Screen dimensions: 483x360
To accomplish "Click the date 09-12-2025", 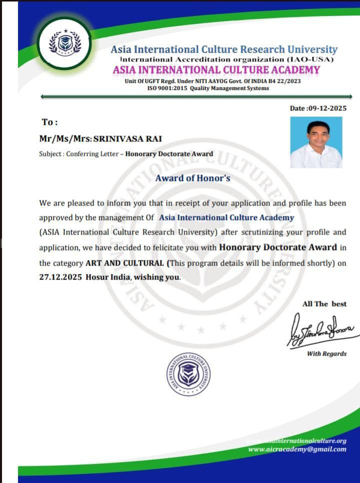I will point(327,108).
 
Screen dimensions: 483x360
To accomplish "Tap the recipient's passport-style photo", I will point(316,142).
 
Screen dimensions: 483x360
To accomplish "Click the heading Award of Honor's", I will point(192,177).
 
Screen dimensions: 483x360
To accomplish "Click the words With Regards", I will point(326,353).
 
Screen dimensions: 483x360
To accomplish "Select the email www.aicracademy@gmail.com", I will point(297,449).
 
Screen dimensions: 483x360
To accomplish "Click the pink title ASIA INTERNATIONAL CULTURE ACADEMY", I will point(216,70).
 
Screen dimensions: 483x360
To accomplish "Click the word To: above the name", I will point(50,122).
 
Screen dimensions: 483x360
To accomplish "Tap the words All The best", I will point(324,303).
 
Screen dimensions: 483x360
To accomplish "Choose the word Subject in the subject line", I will point(50,154).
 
